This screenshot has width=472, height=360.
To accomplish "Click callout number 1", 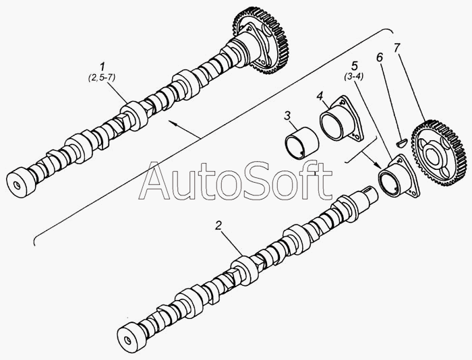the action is (102, 67).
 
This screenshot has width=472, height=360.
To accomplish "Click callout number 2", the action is (218, 226).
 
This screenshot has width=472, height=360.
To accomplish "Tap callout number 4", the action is (321, 94).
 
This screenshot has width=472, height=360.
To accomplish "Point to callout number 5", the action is (353, 67).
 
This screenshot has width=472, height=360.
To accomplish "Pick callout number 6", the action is (380, 58).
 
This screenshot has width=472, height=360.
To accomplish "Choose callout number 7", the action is (397, 49).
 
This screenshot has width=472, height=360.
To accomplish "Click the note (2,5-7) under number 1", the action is (102, 79).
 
